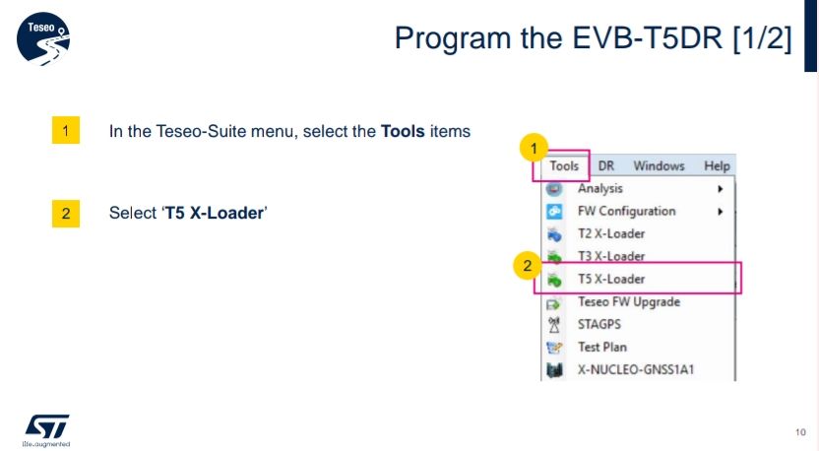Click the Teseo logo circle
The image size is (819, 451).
click(x=43, y=39)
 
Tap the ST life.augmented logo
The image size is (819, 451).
click(x=46, y=430)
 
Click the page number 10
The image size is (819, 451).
click(x=800, y=432)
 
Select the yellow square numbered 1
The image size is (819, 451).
click(x=66, y=130)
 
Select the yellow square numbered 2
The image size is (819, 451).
click(x=66, y=214)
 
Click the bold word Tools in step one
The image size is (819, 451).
click(x=403, y=131)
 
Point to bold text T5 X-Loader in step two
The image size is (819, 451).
click(x=215, y=214)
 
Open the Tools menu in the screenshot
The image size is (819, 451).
click(x=564, y=166)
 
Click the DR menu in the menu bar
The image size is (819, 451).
click(x=606, y=166)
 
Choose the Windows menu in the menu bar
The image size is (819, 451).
click(x=659, y=166)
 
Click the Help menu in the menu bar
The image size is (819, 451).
click(x=717, y=166)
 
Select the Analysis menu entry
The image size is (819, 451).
click(x=600, y=189)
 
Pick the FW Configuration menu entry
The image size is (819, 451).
click(x=626, y=211)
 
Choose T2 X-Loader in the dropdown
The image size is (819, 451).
click(x=611, y=233)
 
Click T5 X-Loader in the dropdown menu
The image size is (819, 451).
click(x=611, y=279)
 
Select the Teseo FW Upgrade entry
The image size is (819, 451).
click(x=629, y=302)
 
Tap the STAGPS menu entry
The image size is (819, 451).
click(x=599, y=325)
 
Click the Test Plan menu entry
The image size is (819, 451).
click(x=602, y=347)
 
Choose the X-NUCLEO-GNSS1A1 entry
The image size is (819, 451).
click(x=636, y=370)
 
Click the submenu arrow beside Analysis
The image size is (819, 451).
click(x=721, y=189)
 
